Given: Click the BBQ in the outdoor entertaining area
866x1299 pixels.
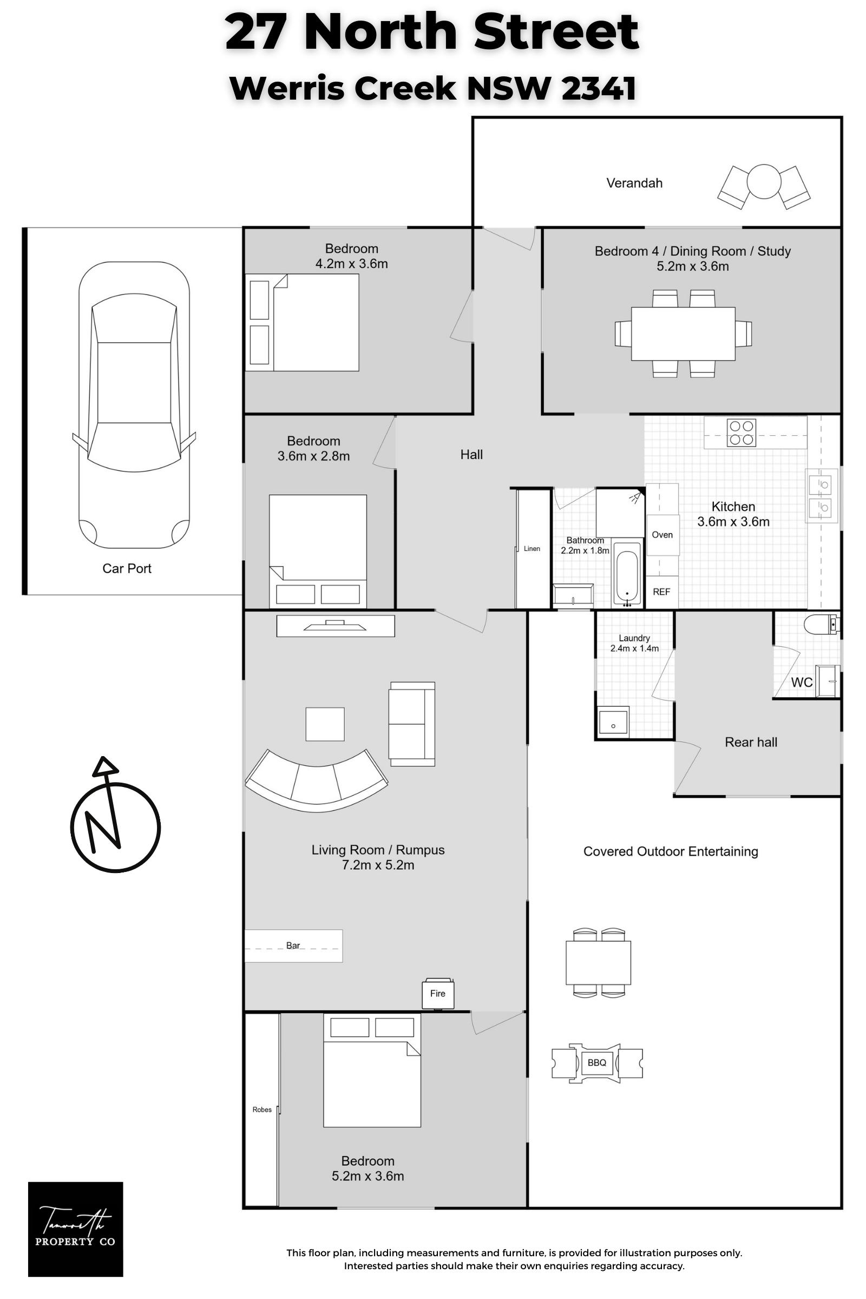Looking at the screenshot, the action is (597, 1062).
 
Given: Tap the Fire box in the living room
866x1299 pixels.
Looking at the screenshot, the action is (438, 994).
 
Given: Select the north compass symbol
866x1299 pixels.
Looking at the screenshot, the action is (115, 815).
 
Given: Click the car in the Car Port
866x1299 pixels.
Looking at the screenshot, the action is (134, 405).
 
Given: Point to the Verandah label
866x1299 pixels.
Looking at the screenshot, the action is (634, 183).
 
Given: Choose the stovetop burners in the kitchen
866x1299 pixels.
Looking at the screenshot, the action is (742, 433).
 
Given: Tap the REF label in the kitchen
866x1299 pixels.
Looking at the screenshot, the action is (661, 592).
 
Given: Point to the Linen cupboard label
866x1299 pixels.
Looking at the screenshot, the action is (532, 548).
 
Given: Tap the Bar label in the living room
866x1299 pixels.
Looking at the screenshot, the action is (293, 946).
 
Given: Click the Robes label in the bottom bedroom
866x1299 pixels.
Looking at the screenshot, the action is (262, 1110).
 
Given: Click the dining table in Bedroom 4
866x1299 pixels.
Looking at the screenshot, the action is (683, 333).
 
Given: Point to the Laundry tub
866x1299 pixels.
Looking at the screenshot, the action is (613, 720).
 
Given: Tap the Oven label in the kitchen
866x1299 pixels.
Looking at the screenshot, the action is (662, 535).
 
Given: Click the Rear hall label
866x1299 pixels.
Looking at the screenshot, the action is (751, 742).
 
